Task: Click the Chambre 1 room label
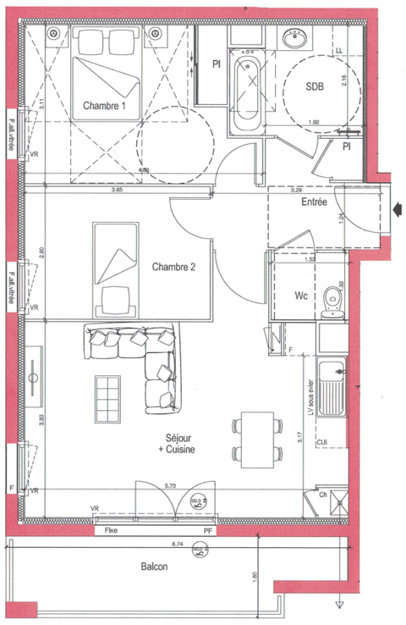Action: (105, 106)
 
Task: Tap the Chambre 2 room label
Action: (173, 267)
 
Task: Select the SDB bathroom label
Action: (315, 86)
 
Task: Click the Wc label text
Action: (300, 296)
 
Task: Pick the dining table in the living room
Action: (258, 440)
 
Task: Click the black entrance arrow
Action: (398, 207)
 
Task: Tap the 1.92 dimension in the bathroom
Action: (314, 122)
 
